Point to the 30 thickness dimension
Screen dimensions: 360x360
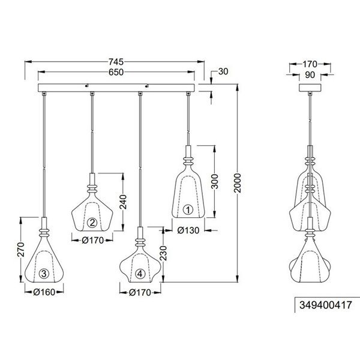click(223, 72)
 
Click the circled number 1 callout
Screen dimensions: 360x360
click(187, 210)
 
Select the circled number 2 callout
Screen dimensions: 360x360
click(92, 223)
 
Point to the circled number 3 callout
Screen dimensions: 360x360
click(44, 275)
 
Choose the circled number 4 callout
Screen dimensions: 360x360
click(140, 274)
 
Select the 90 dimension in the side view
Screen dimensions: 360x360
click(310, 76)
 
